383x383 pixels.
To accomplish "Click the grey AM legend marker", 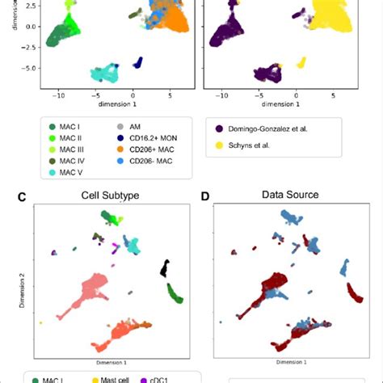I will pos(120,127).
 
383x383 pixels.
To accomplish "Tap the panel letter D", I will pos(205,195).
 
